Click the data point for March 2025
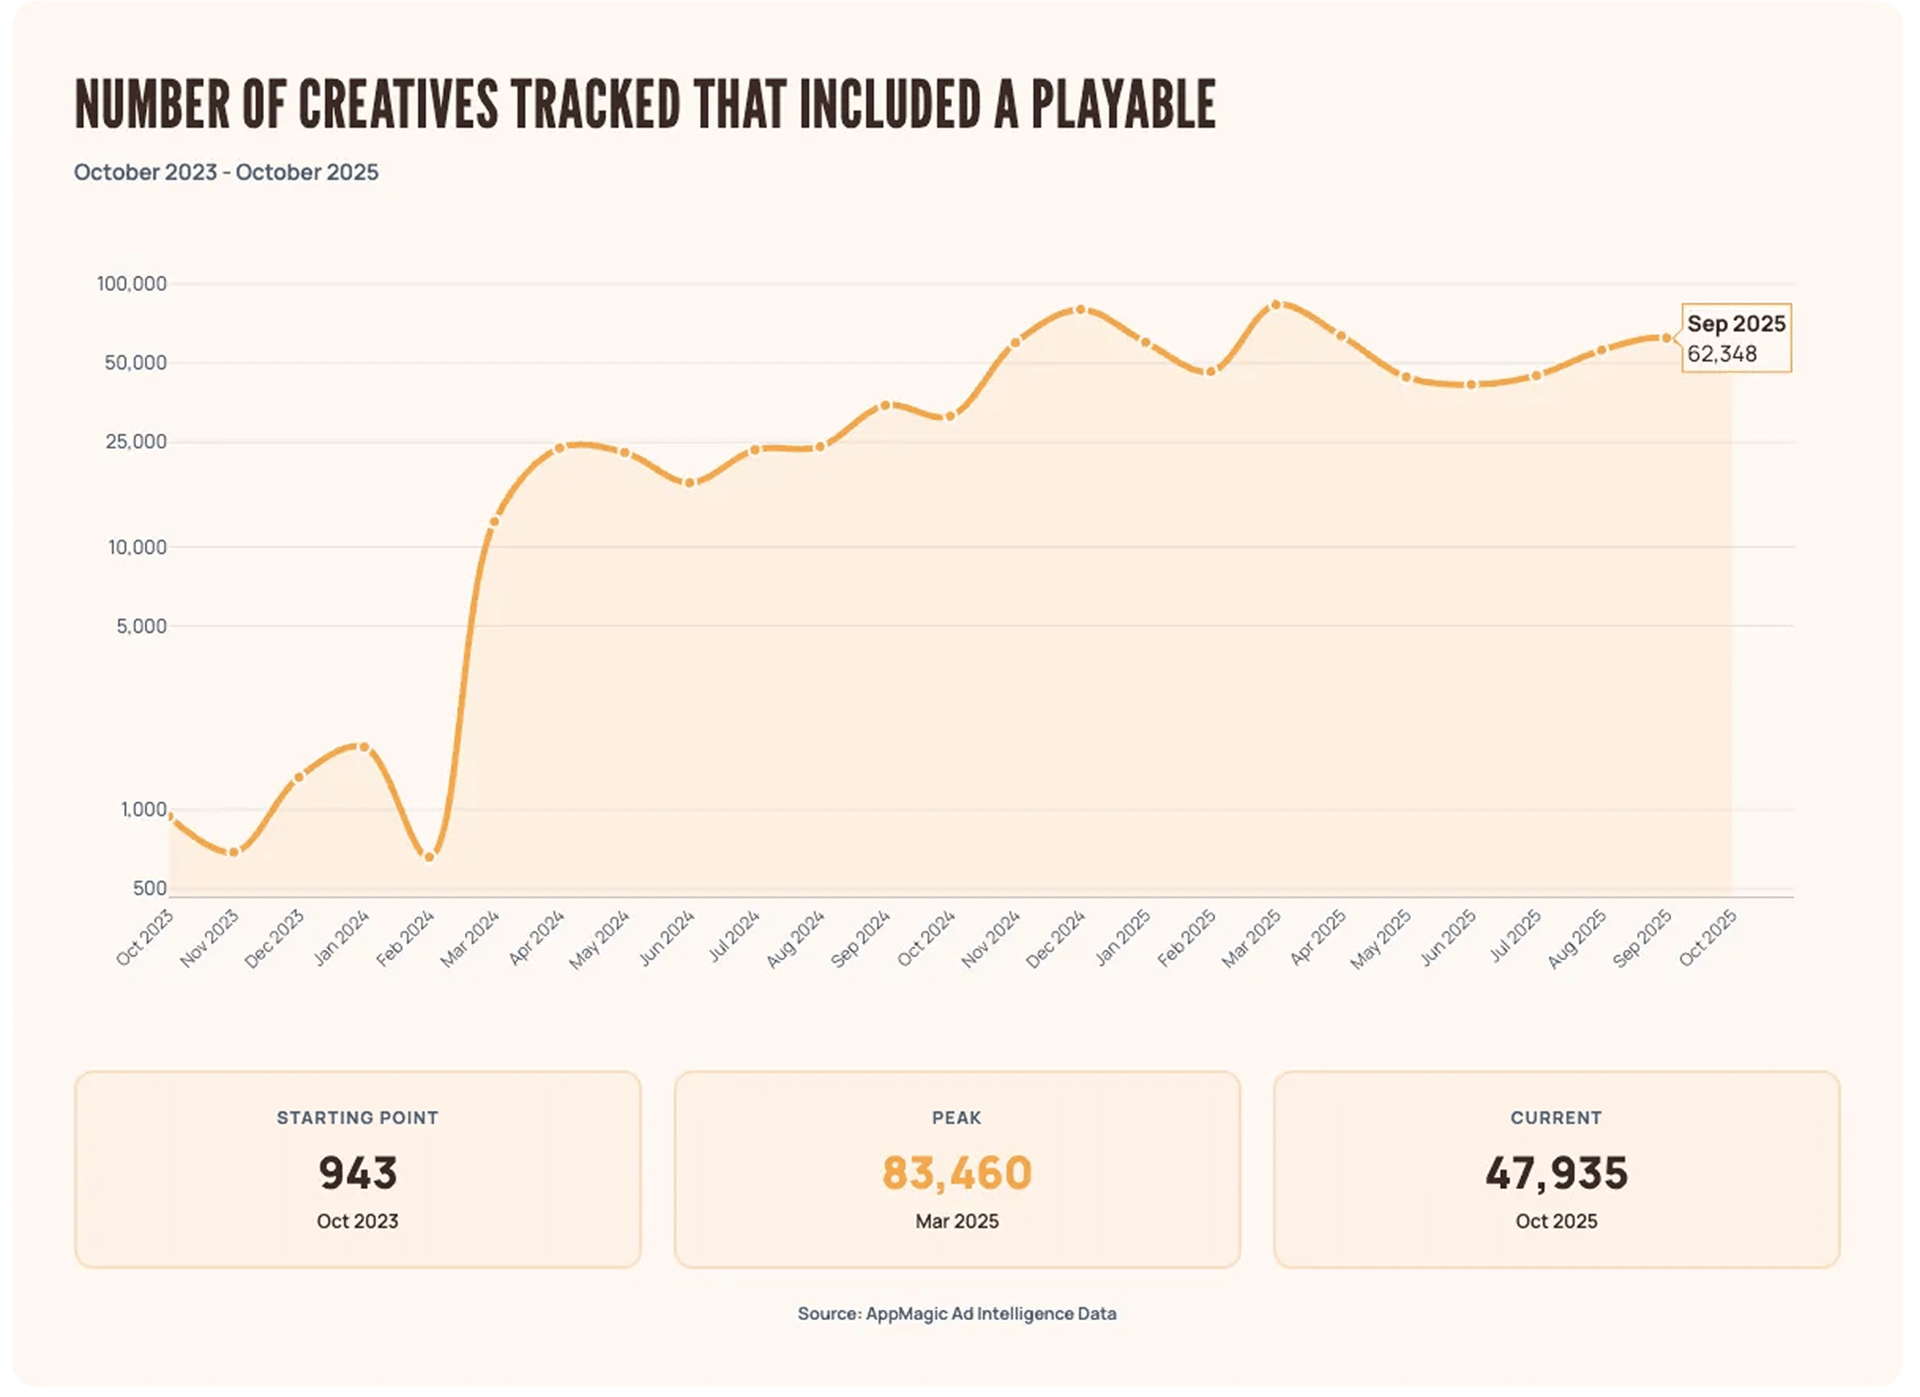[x=1276, y=305]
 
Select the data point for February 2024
[x=430, y=857]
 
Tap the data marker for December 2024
[x=1080, y=310]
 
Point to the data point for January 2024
[x=364, y=747]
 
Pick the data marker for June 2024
[x=689, y=482]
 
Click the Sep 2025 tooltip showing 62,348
[x=1735, y=338]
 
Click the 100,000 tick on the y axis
[x=132, y=283]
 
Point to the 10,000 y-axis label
[x=137, y=548]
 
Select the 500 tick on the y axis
[x=150, y=888]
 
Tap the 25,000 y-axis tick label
[x=135, y=442]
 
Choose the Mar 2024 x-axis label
[x=470, y=938]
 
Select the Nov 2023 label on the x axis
[x=210, y=938]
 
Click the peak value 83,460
[x=957, y=1174]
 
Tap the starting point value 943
[x=358, y=1174]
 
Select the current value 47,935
[x=1556, y=1174]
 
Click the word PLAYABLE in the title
[x=1122, y=105]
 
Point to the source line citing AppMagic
[x=957, y=1313]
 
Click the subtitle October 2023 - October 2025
[x=226, y=172]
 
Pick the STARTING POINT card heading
[x=358, y=1118]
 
